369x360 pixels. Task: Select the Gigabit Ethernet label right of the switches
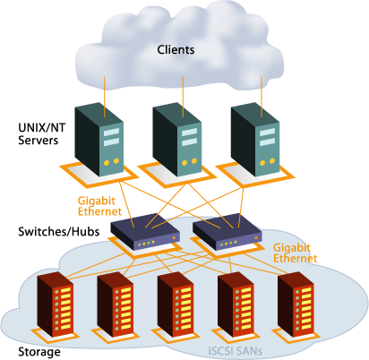[296, 251]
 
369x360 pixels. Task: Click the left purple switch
[143, 233]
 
